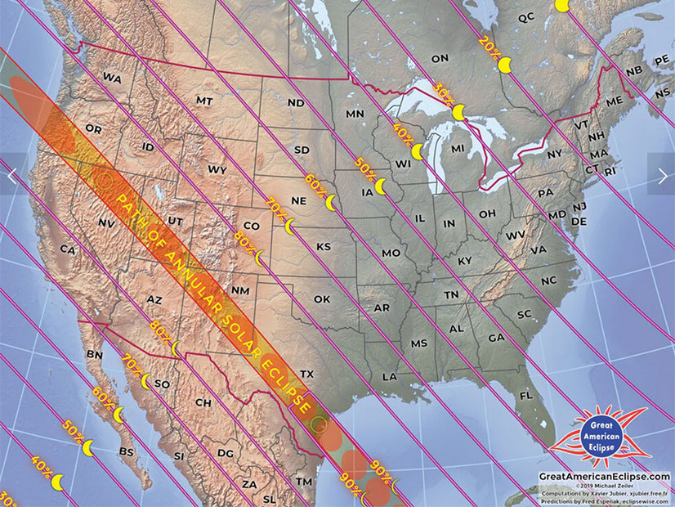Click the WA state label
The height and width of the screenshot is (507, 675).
(x=112, y=77)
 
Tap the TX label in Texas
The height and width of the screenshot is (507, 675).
(x=306, y=374)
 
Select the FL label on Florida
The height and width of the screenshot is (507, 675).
(x=525, y=395)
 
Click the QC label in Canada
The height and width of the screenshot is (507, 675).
(x=526, y=17)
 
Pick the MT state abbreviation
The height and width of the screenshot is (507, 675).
(x=204, y=100)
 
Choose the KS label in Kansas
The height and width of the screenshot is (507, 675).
(x=324, y=246)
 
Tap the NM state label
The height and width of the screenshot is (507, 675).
(x=241, y=290)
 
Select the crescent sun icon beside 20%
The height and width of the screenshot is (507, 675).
(x=506, y=64)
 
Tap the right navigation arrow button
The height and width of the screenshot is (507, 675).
(x=661, y=175)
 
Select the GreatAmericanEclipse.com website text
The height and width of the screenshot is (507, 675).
(x=604, y=476)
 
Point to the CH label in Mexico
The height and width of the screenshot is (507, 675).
(x=203, y=403)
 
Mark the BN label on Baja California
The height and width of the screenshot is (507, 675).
(x=94, y=355)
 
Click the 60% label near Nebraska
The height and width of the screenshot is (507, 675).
(x=315, y=184)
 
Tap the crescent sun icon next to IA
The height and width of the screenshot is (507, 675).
(x=380, y=186)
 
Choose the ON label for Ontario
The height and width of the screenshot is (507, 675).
(x=440, y=58)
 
